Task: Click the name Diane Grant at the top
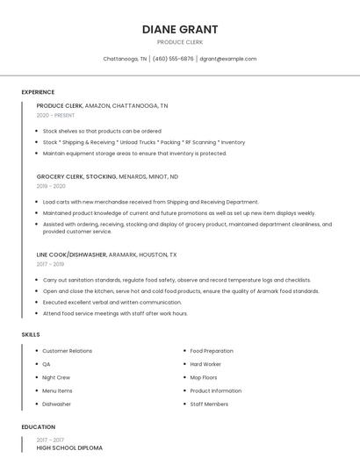180,29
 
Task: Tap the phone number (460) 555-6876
173,59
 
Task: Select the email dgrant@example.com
228,59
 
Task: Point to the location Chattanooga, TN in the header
125,59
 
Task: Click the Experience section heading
38,92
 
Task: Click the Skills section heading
31,334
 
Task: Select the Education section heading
38,427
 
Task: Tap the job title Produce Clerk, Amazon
102,105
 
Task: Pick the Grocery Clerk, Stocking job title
107,176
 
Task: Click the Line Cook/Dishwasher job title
106,254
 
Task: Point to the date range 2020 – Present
55,115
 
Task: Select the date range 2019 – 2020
51,186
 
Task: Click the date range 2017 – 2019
50,264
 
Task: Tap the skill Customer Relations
67,351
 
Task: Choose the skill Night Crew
56,377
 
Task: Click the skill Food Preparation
212,351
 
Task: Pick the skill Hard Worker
205,364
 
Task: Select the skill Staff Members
209,404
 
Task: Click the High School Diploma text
69,448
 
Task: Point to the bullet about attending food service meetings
115,313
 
